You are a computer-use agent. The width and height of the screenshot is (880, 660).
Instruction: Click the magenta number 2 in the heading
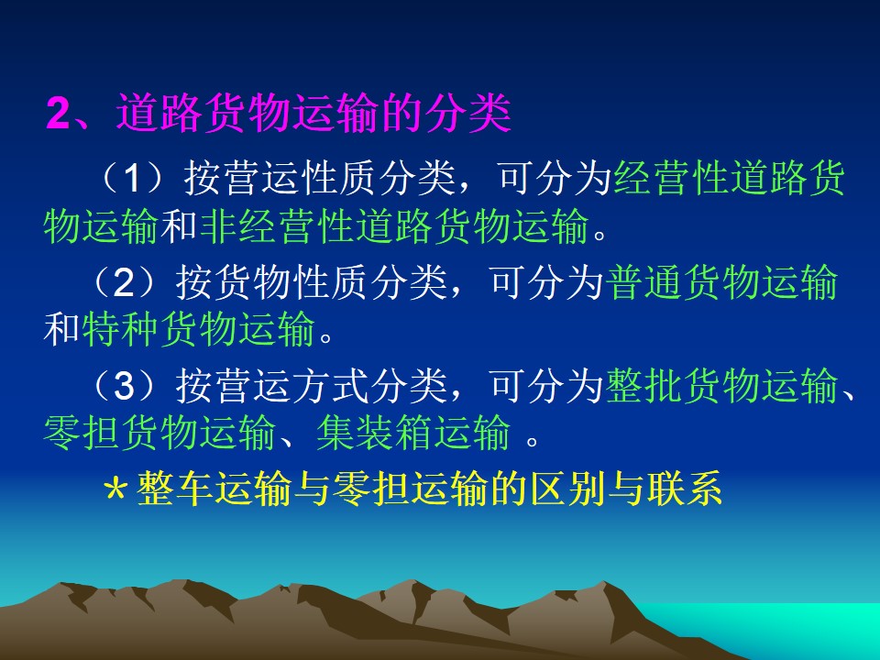point(59,113)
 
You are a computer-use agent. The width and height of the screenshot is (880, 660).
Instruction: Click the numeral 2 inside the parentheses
point(124,281)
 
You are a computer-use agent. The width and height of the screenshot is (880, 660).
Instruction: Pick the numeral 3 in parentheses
point(124,386)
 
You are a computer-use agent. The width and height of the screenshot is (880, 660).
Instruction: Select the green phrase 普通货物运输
point(722,281)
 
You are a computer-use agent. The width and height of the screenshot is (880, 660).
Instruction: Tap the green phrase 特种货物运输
point(198,329)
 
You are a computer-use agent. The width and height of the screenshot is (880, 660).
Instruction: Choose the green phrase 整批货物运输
point(722,386)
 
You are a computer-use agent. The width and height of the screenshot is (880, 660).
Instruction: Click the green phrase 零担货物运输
point(159,434)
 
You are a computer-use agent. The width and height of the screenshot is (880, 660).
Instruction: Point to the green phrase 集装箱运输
point(413,434)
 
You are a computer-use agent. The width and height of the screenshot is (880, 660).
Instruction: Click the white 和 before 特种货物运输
point(61,329)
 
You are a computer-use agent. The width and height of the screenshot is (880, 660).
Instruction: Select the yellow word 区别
point(569,488)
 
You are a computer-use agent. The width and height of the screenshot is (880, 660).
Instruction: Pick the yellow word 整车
point(175,488)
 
